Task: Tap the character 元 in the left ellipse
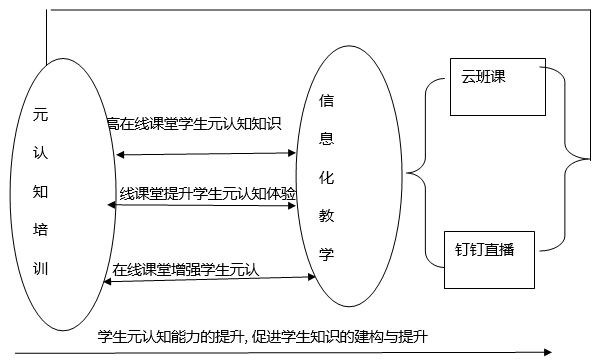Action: (39, 115)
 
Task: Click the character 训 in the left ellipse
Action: (39, 268)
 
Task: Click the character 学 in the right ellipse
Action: (325, 253)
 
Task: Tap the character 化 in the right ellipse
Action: (325, 176)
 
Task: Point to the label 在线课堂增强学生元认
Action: (185, 268)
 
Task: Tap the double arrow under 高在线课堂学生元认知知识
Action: (206, 154)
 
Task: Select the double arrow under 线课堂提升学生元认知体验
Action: (206, 206)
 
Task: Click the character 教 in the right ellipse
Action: (325, 214)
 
